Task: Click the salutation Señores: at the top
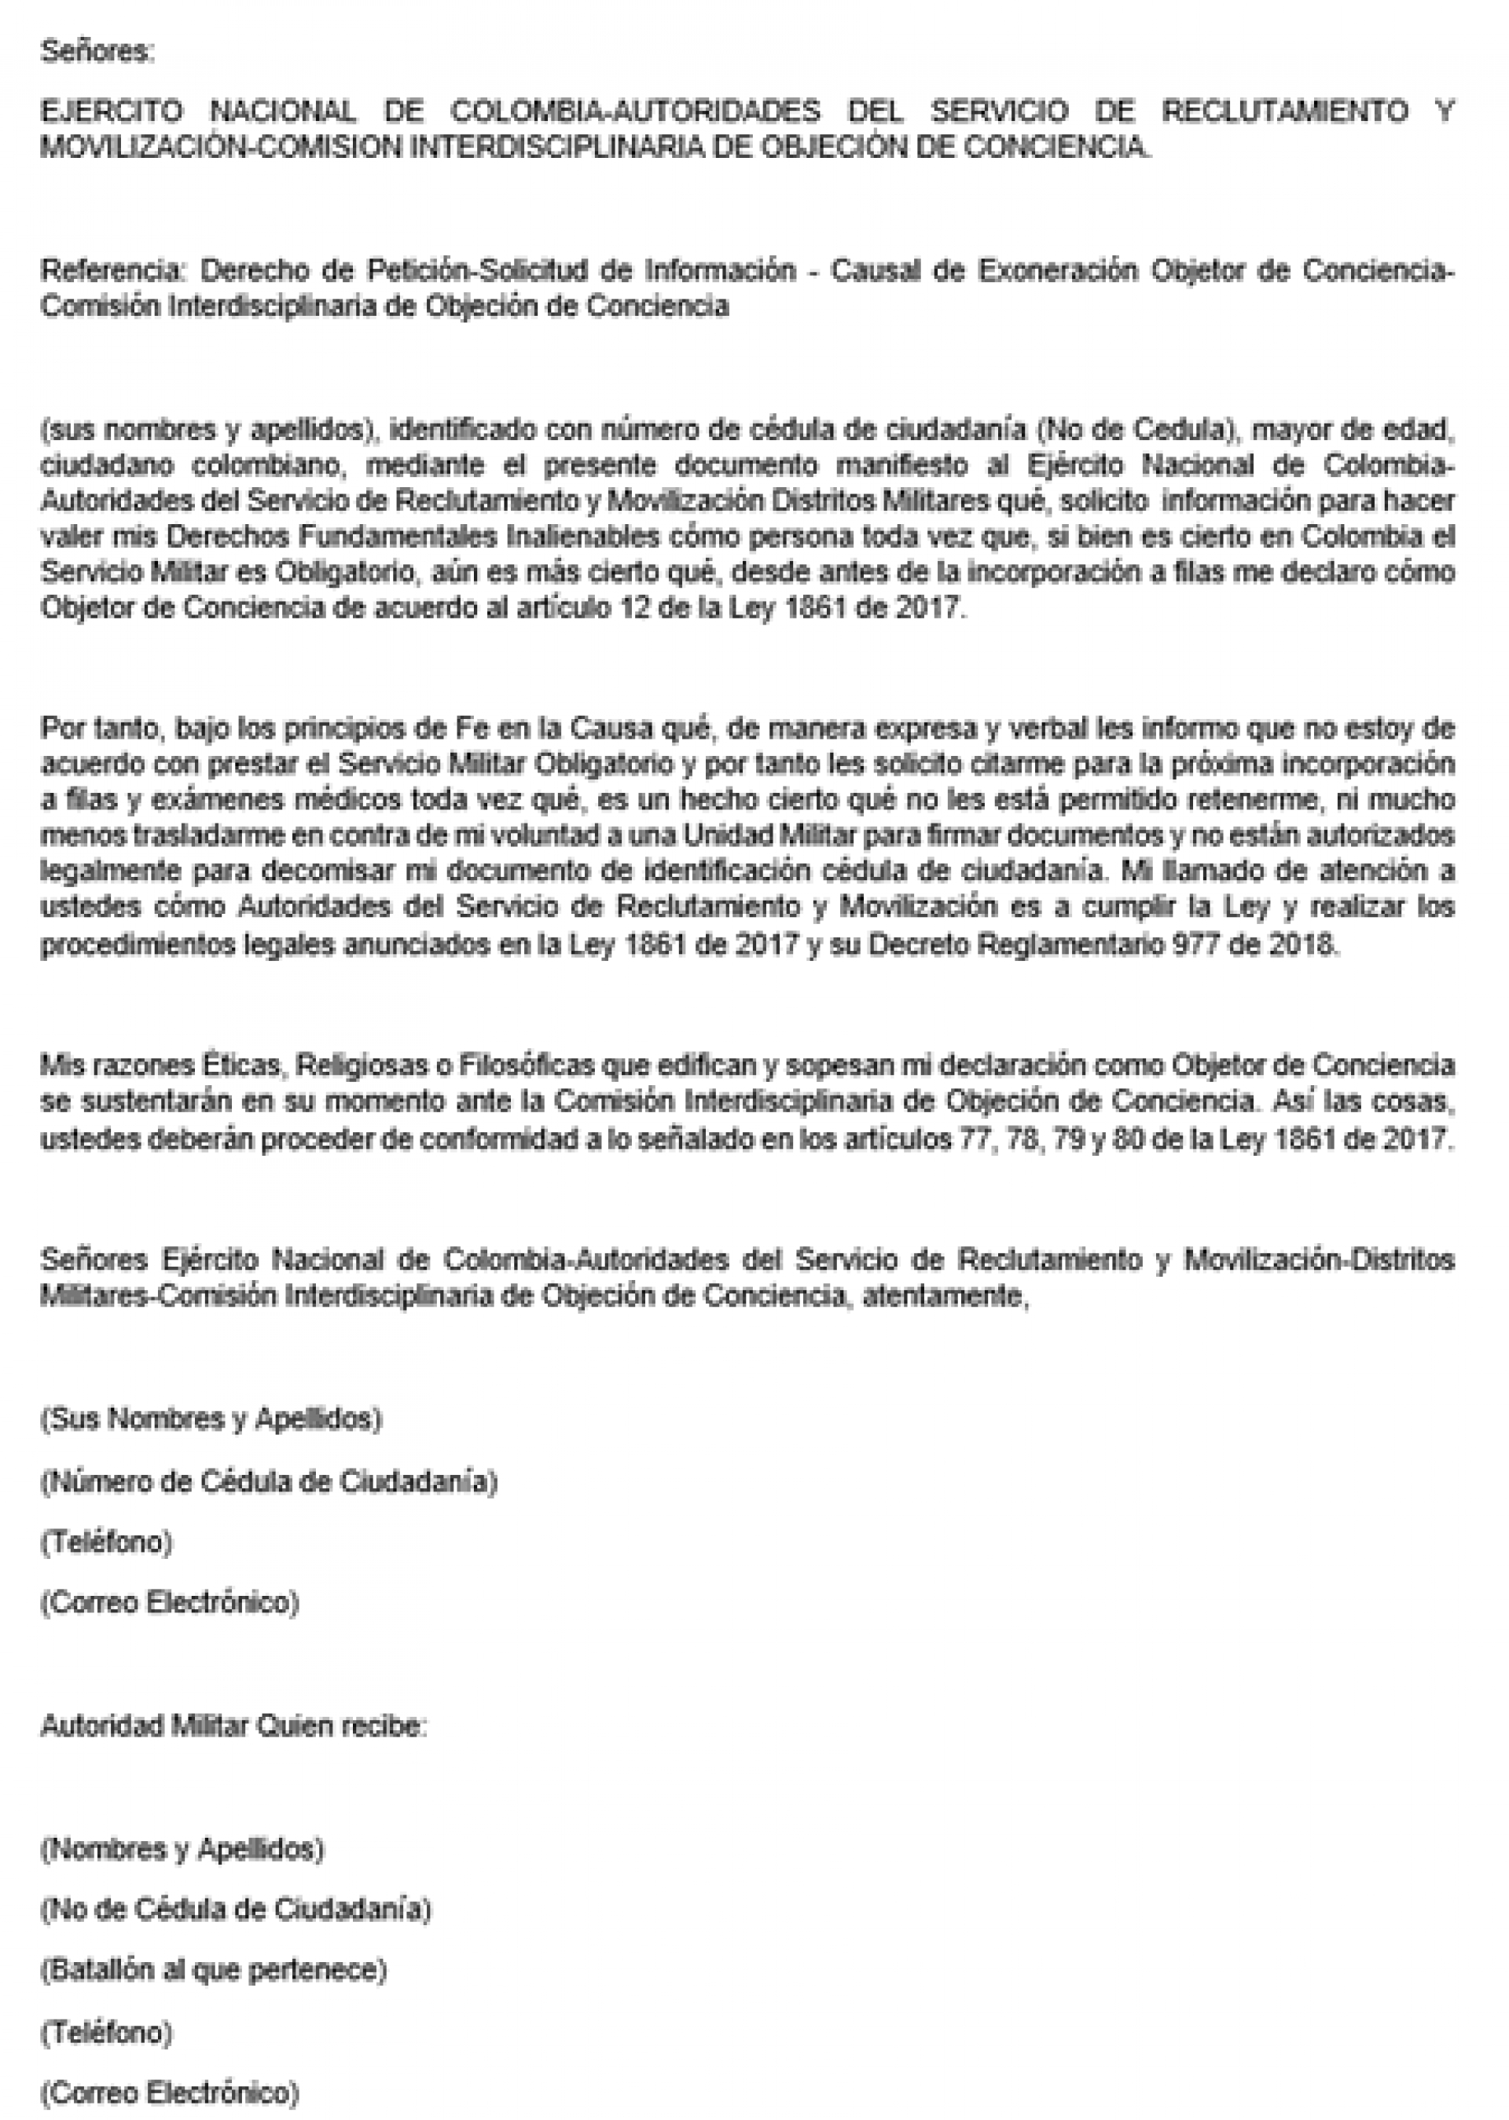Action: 97,52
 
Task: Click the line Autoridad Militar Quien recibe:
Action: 233,1727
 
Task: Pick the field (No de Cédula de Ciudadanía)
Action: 235,1909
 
